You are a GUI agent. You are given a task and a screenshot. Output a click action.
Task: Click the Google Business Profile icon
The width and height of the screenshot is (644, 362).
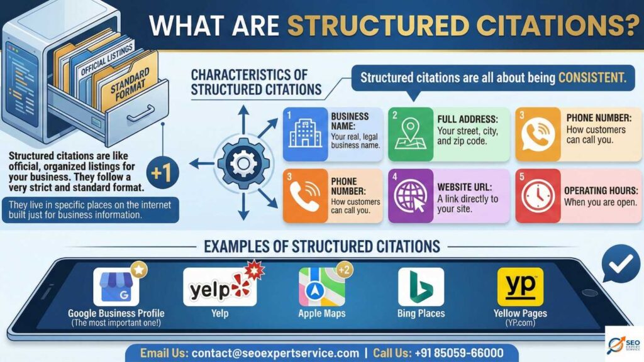click(x=116, y=287)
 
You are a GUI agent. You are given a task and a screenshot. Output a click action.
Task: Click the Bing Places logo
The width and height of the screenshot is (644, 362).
click(x=421, y=287)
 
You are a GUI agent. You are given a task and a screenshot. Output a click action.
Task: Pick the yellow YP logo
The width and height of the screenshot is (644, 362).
click(x=520, y=287)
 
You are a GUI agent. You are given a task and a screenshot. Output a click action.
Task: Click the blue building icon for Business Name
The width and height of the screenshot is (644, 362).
click(x=305, y=134)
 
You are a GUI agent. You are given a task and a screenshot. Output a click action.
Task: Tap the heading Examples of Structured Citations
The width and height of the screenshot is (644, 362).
click(x=321, y=246)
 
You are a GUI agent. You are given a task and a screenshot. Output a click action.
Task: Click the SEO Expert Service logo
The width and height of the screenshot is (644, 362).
click(x=624, y=343)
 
